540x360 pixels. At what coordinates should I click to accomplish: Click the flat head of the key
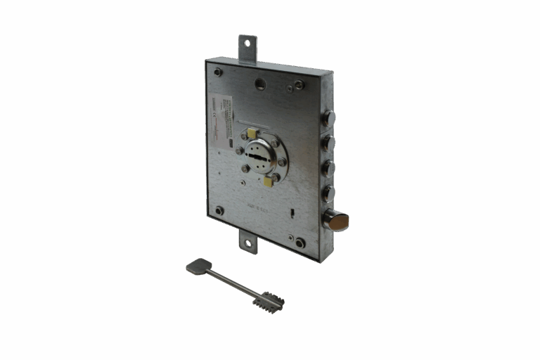coord(198,266)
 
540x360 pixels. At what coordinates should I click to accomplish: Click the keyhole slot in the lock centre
coord(258,156)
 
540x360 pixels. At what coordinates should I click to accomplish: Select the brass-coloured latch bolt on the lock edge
coord(337,222)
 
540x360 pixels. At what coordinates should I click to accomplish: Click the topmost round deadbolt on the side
coord(329,118)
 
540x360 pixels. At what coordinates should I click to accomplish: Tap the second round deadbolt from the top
coord(328,143)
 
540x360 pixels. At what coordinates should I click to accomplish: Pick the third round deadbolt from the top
coord(328,169)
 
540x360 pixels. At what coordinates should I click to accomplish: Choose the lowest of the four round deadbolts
coord(328,193)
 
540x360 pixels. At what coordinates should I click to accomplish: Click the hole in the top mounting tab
coord(246,44)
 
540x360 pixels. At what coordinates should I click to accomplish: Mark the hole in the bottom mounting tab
coord(247,244)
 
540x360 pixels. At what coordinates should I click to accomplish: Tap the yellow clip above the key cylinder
coord(252,131)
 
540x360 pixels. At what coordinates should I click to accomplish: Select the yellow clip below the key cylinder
coord(268,182)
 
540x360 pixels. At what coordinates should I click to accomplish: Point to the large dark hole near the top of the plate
coord(260,84)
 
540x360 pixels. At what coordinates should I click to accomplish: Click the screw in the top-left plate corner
coord(218,72)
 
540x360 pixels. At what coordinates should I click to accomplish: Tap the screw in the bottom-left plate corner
coord(219,210)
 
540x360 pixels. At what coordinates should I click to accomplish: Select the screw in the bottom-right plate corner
coord(300,243)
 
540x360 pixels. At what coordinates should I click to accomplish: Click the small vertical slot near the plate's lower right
coord(291,212)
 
